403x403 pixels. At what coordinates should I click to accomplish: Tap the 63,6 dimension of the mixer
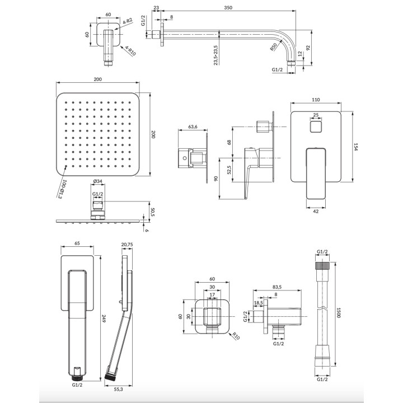194,128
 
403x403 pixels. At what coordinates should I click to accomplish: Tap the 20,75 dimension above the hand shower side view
127,245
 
